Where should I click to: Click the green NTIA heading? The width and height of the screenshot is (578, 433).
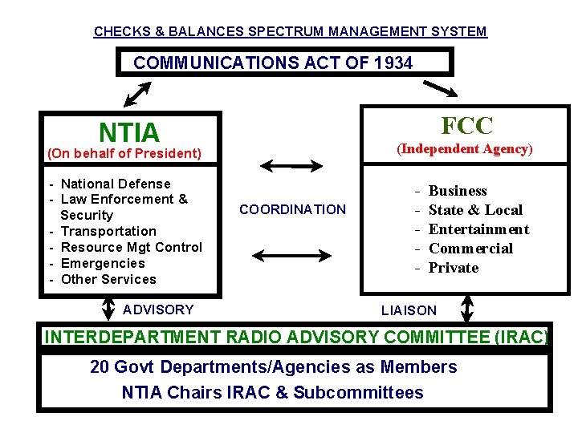point(128,132)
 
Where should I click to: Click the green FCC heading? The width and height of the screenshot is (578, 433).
point(466,125)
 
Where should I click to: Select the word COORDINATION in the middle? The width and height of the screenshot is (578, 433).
point(292,209)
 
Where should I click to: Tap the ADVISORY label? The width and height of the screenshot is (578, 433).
point(158,310)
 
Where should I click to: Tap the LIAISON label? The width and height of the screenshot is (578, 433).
point(409,310)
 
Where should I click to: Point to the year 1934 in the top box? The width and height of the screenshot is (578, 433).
point(393,63)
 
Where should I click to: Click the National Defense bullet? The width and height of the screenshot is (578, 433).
point(116,184)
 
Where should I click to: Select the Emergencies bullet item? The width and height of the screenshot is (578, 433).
point(103,263)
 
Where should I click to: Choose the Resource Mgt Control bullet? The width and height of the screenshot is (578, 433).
point(131,247)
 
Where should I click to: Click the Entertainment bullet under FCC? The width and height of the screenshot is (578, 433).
point(478,229)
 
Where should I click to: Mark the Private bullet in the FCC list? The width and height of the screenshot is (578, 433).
point(453,268)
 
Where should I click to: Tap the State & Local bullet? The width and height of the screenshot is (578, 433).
point(475,210)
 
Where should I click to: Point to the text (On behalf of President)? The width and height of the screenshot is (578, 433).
point(124,153)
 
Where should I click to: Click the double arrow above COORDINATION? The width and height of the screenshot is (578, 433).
point(292,166)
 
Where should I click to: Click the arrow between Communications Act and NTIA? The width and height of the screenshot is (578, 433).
point(137,93)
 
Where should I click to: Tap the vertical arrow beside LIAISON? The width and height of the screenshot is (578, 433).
point(467,310)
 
